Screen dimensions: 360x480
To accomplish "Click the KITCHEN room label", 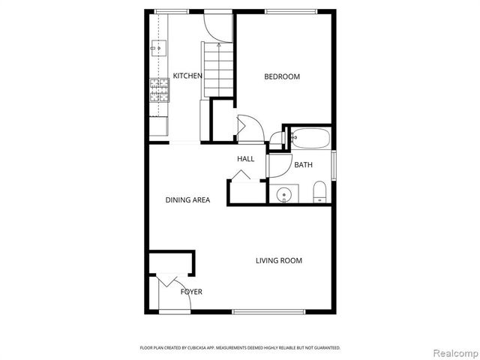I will coord(187,76).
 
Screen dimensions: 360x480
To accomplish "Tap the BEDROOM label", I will coord(282,76).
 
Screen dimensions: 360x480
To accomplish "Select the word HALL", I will coord(245,159).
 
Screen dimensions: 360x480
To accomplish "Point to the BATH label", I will coord(303,165).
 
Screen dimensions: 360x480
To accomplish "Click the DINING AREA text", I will coord(187,200).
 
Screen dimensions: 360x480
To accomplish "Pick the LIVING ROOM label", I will coord(278,261).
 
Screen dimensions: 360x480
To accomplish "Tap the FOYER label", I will coord(191,292).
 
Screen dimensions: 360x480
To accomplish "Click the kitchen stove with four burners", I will coord(159,90).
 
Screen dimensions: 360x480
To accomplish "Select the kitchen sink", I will coord(157,49).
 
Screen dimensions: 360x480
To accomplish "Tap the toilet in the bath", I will coord(319,192).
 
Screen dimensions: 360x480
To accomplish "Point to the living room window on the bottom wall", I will coord(268,311).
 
